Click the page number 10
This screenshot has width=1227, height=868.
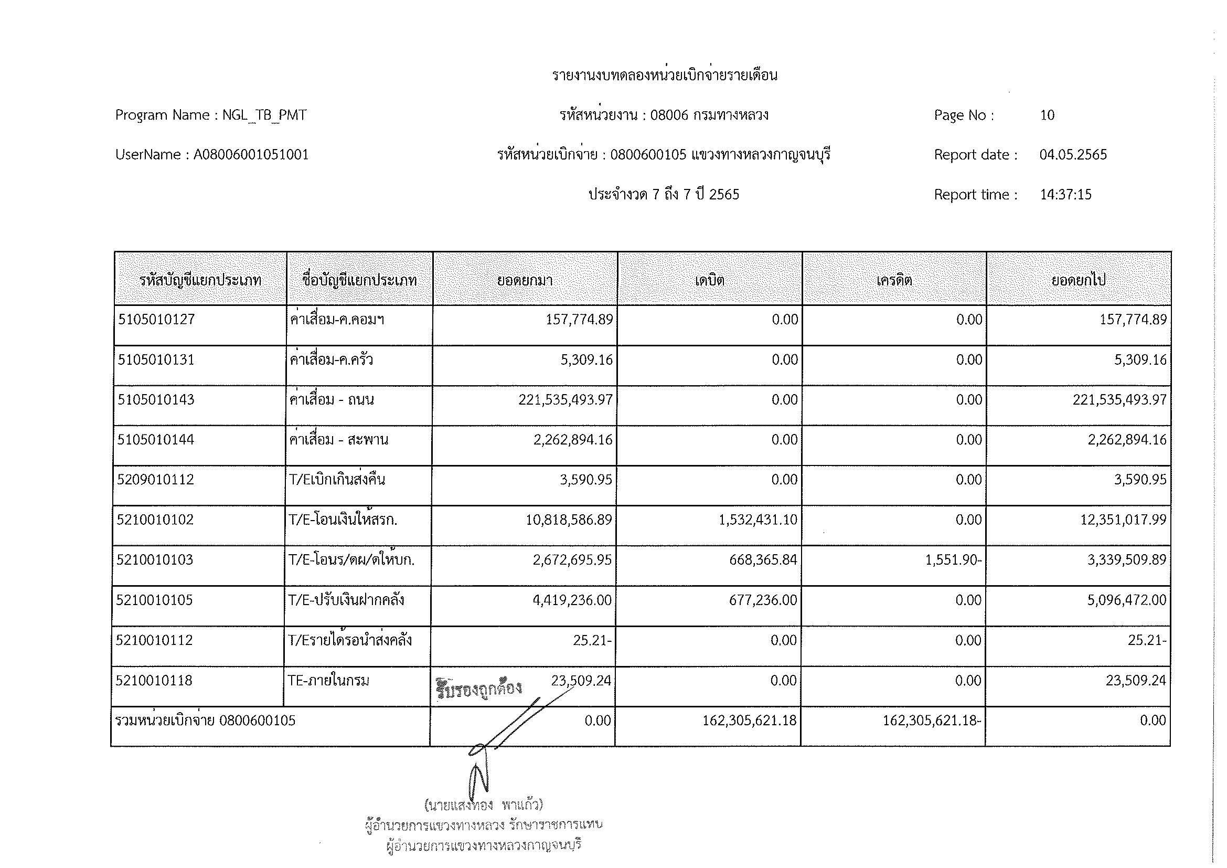click(1047, 115)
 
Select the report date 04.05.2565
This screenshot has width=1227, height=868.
click(1073, 154)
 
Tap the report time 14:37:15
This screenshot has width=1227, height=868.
click(1065, 194)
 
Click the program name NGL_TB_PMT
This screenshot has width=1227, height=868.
click(264, 115)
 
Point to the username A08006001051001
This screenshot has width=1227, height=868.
click(251, 154)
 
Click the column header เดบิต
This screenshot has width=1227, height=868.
click(709, 280)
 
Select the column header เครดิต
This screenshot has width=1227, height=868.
click(893, 280)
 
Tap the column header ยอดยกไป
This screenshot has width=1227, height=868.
click(1078, 280)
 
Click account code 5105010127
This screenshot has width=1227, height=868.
click(156, 320)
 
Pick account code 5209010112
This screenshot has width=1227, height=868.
click(155, 480)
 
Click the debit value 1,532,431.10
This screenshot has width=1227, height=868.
click(758, 520)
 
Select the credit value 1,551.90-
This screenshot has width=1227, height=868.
click(953, 559)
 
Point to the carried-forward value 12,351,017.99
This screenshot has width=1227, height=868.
click(1123, 520)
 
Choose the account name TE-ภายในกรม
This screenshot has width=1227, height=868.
click(328, 681)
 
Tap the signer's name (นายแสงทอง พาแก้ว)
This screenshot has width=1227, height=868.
click(483, 804)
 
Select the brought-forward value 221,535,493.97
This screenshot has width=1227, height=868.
click(566, 400)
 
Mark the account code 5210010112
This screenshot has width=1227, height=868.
click(154, 640)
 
